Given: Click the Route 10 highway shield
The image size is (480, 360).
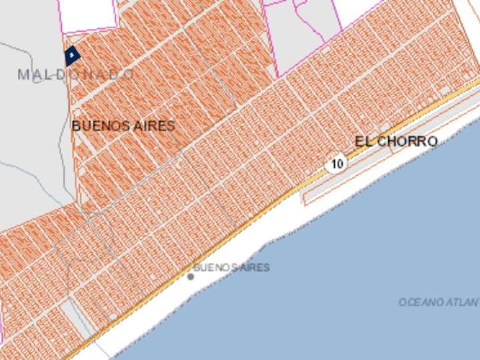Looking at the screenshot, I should pyautogui.click(x=336, y=163).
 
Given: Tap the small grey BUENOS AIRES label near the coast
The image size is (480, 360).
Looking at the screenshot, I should pyautogui.click(x=231, y=267).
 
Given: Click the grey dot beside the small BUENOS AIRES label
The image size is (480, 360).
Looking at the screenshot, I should pyautogui.click(x=191, y=276).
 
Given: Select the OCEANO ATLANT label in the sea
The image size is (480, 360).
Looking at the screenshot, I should pyautogui.click(x=439, y=302).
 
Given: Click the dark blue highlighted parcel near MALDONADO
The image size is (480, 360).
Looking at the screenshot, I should pyautogui.click(x=71, y=55).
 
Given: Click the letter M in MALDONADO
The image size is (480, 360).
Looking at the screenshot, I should pyautogui.click(x=23, y=74).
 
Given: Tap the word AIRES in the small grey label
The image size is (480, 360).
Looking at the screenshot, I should pyautogui.click(x=252, y=267).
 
